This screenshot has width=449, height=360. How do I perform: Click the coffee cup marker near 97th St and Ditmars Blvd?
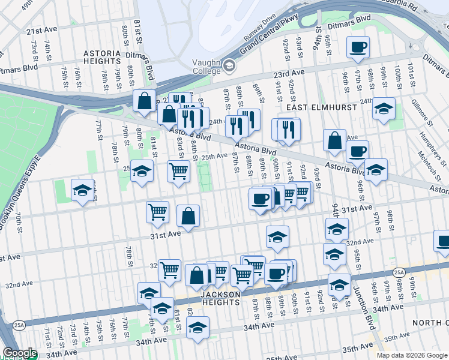358,47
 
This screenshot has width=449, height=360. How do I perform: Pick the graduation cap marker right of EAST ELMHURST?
384,109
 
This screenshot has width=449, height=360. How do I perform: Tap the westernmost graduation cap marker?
82,191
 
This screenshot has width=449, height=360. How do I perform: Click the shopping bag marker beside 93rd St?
334,140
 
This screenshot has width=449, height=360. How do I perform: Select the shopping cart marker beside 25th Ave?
178,171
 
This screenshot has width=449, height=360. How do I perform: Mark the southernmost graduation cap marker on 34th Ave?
197,328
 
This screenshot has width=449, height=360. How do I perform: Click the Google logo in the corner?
19,353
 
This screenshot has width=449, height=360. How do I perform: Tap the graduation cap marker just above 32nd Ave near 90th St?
277,238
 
